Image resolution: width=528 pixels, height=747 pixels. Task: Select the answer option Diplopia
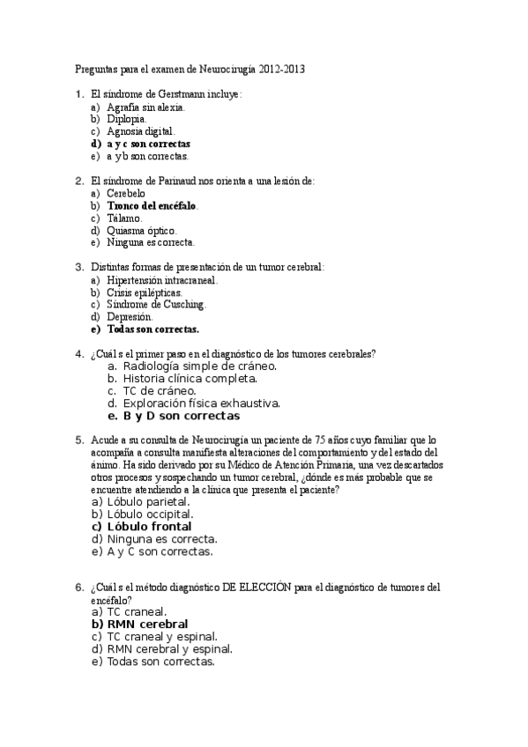pyautogui.click(x=126, y=118)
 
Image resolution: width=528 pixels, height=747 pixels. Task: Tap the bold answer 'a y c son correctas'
pyautogui.click(x=148, y=143)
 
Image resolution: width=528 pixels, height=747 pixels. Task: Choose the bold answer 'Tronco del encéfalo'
pyautogui.click(x=152, y=205)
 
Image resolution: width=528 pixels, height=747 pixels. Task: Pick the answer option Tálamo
pyautogui.click(x=123, y=218)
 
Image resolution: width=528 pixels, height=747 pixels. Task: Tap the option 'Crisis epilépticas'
pyautogui.click(x=145, y=292)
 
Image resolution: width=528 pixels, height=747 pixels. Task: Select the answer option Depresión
pyautogui.click(x=130, y=317)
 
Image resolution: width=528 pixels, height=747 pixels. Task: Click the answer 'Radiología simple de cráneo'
pyautogui.click(x=199, y=366)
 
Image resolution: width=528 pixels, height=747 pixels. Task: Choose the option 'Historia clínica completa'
pyautogui.click(x=190, y=378)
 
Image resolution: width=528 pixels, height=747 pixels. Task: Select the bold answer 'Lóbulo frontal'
pyautogui.click(x=149, y=527)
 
